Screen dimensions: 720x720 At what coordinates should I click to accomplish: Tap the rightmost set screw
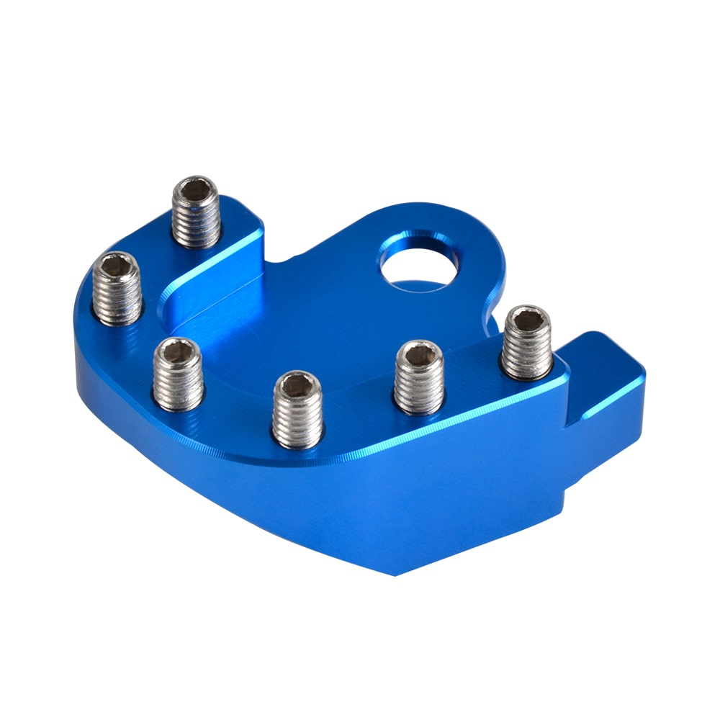click(527, 342)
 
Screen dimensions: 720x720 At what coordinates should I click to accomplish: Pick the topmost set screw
click(196, 212)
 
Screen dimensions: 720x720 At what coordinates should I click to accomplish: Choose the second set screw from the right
click(420, 377)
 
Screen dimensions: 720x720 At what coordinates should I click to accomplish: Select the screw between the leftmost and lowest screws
click(178, 374)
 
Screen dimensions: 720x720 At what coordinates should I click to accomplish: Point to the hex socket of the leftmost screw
click(117, 268)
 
